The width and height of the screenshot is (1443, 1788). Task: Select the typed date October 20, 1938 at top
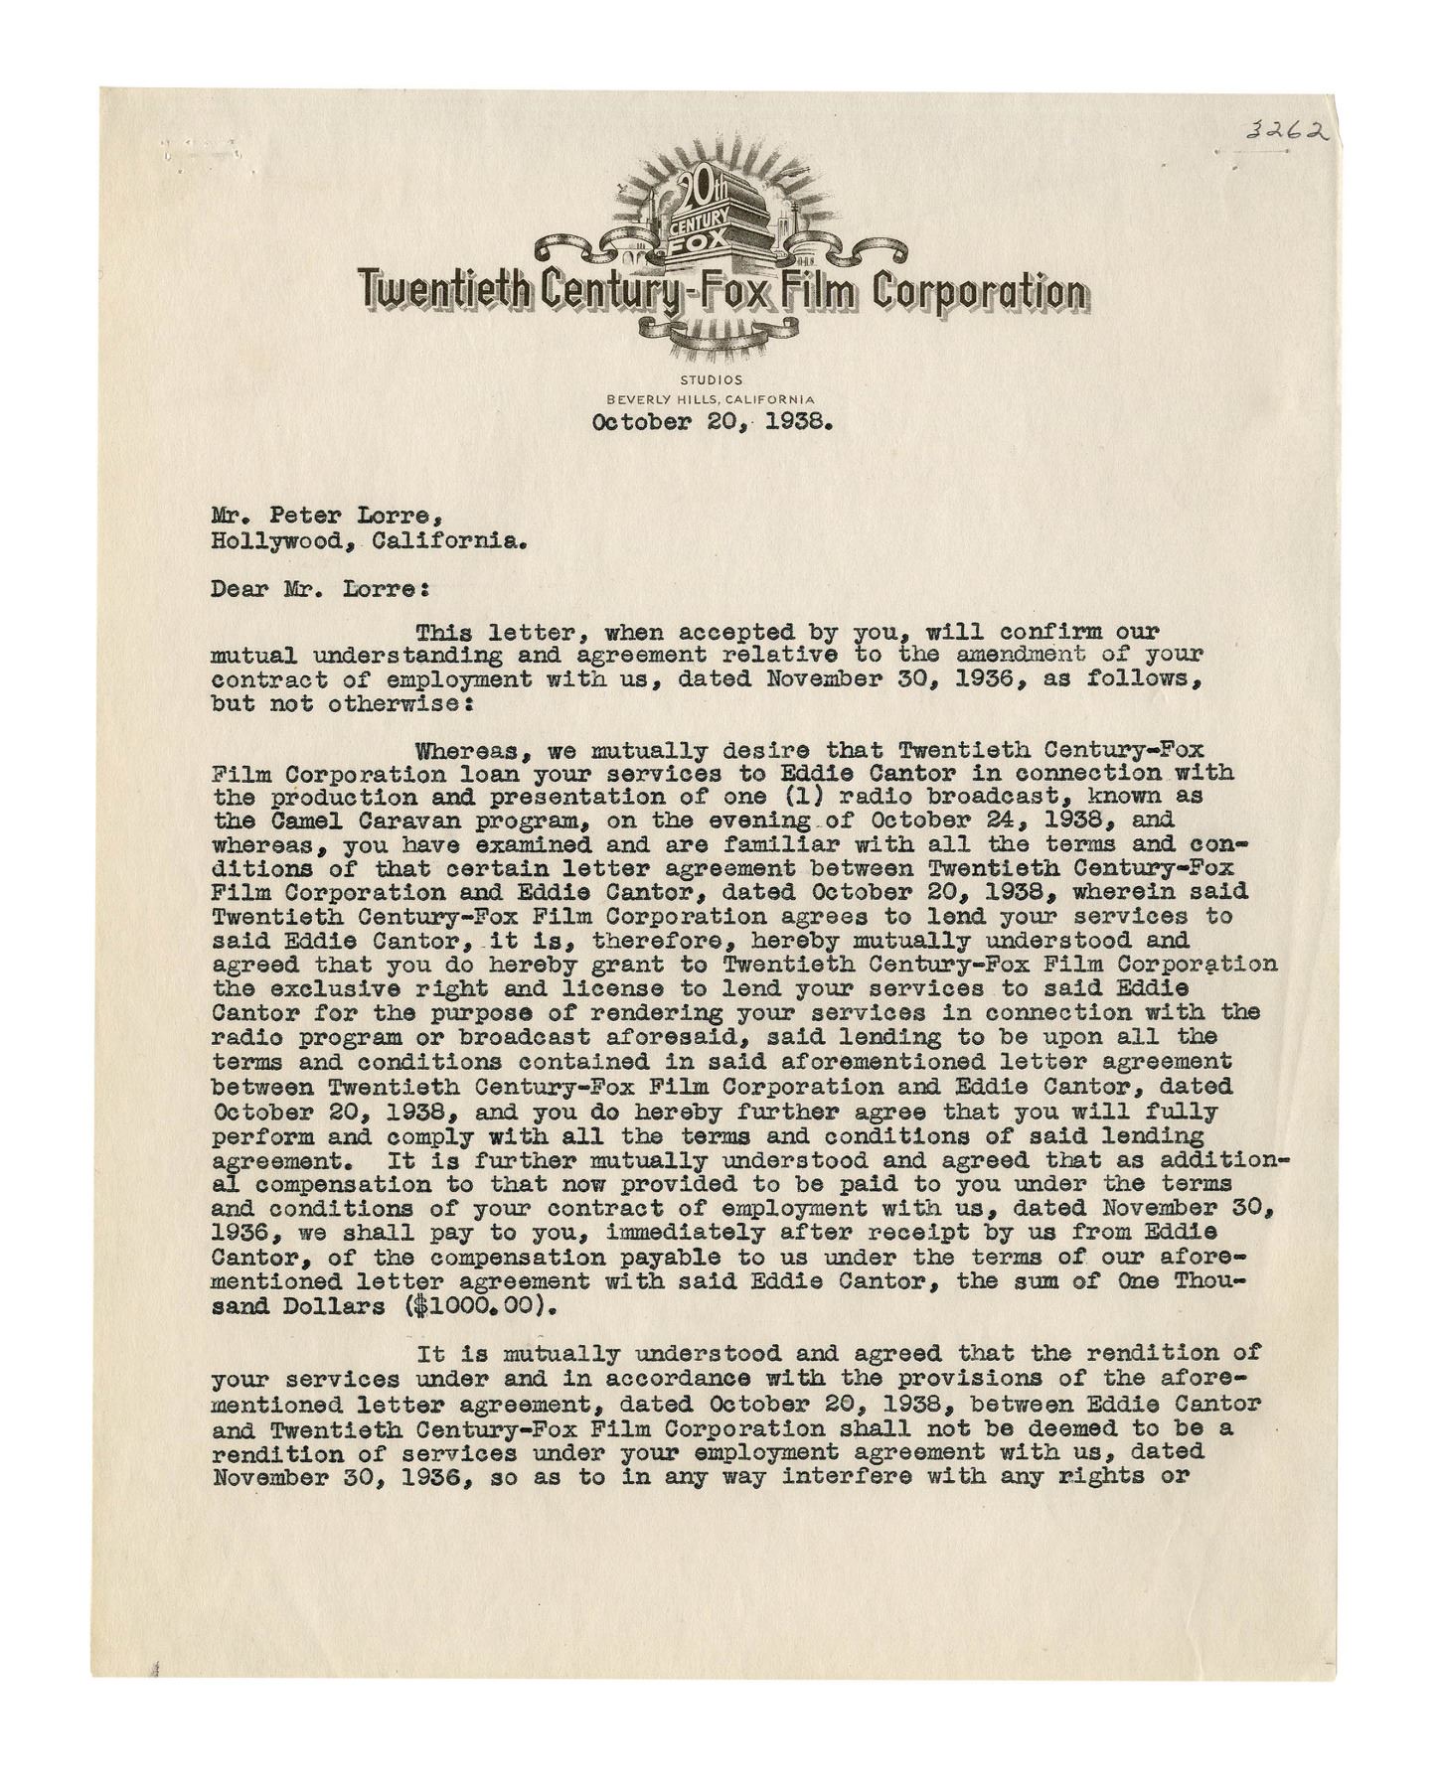click(x=712, y=421)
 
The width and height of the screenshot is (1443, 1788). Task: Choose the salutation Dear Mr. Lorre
click(x=318, y=589)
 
